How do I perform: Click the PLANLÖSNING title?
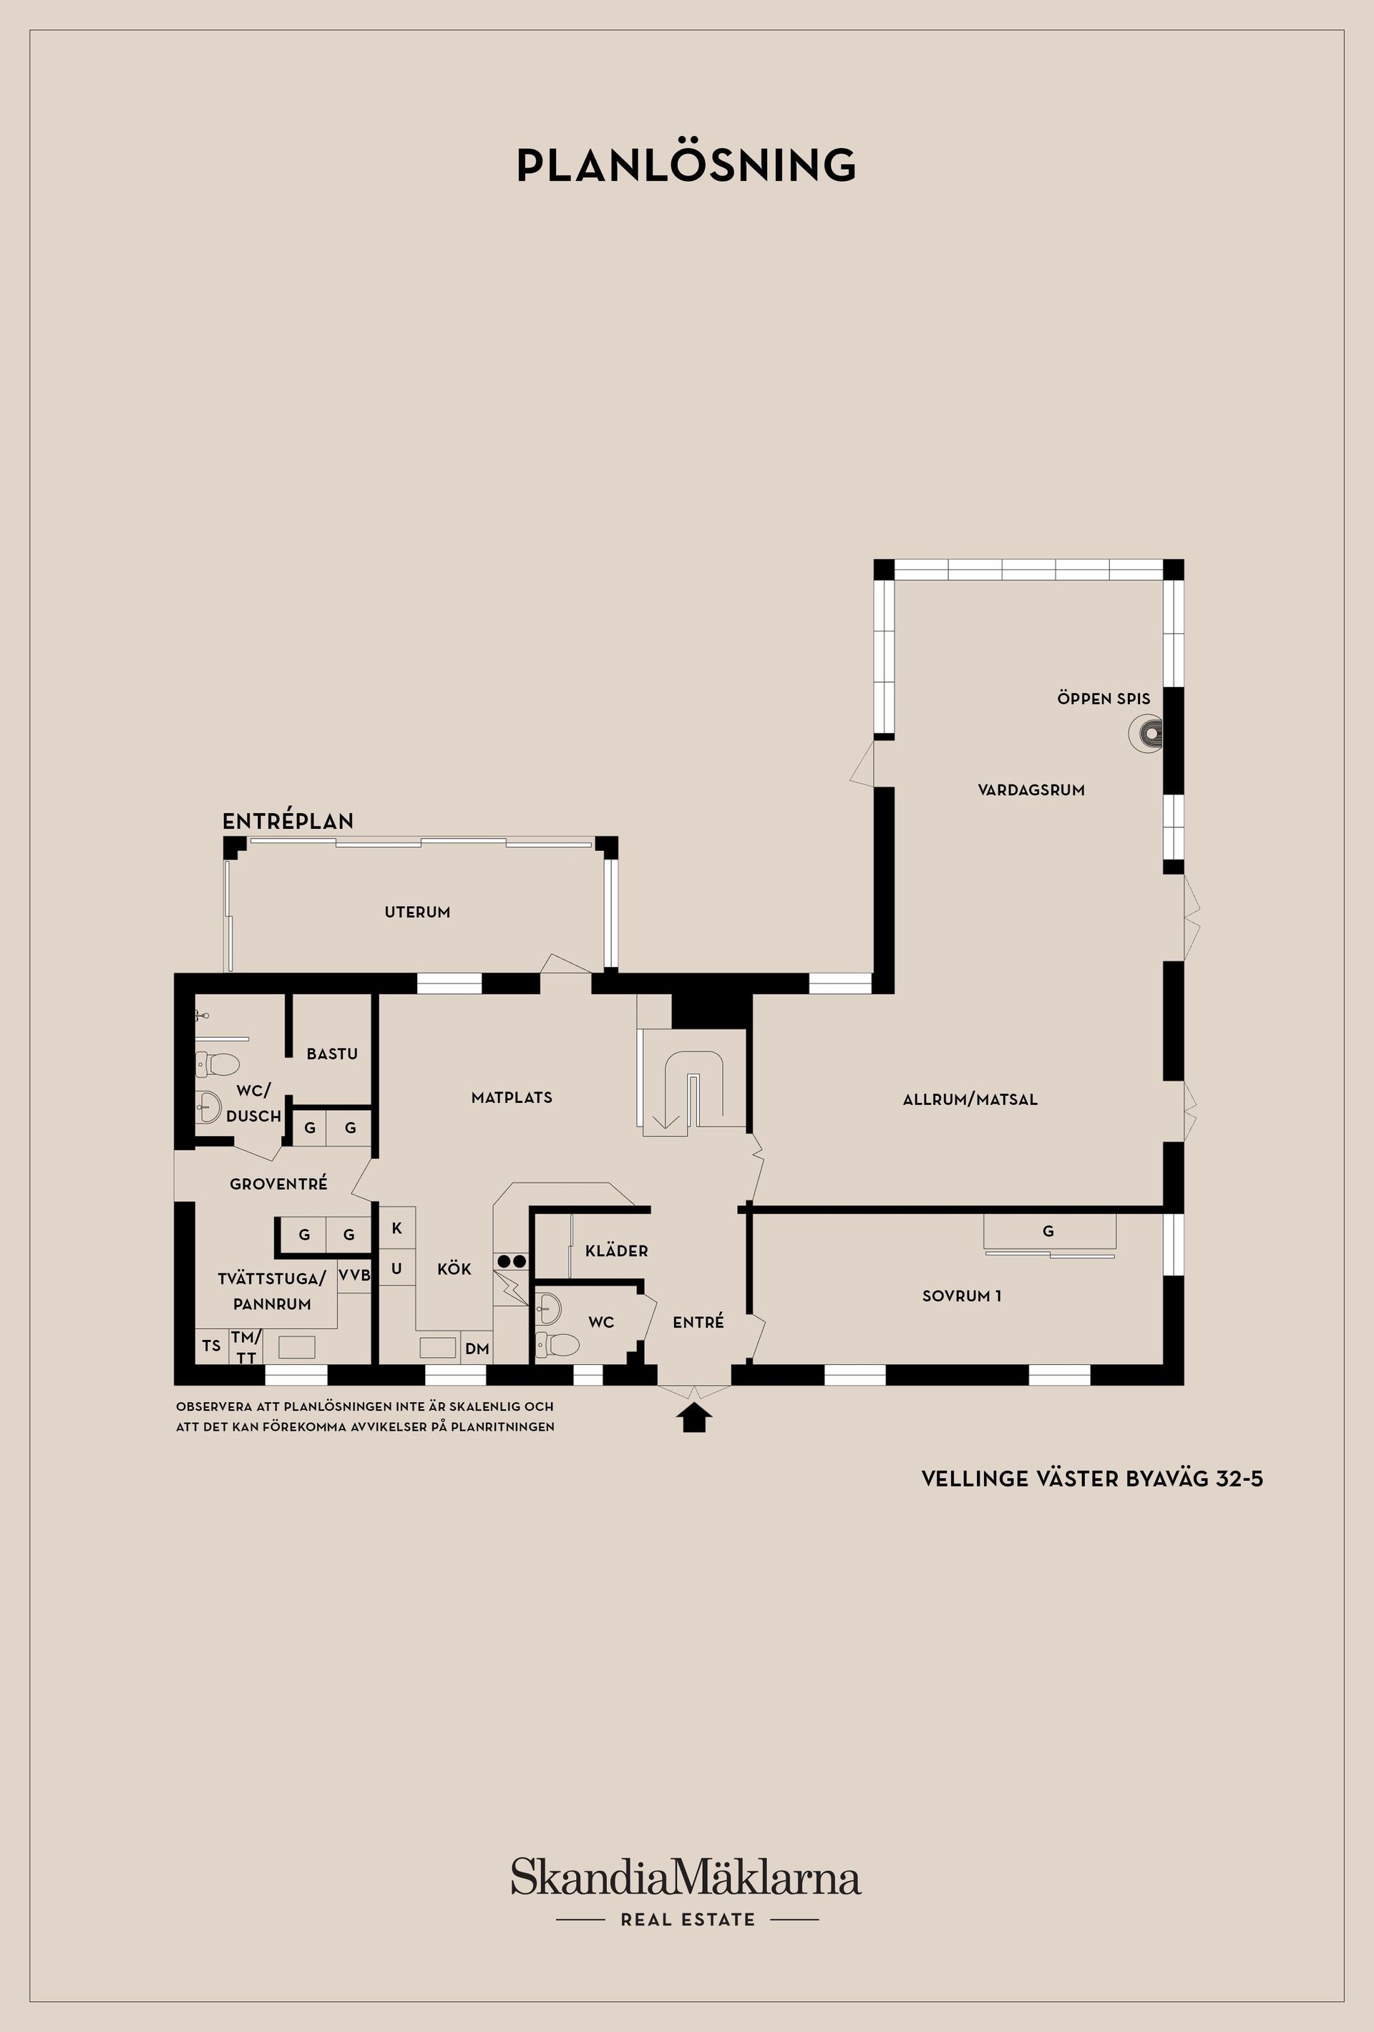pos(686,165)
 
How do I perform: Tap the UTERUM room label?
pos(418,912)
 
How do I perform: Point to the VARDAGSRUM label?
pos(1031,790)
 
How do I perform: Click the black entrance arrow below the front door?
pos(695,1417)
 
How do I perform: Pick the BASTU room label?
pos(332,1054)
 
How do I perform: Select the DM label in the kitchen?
pos(477,1349)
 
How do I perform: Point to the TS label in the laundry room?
pos(212,1346)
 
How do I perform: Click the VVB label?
pos(354,1275)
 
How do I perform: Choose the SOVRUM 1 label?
pos(962,1295)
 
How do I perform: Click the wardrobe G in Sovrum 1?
pos(1048,1231)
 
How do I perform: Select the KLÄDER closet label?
pos(617,1250)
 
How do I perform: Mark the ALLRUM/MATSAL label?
pos(970,1099)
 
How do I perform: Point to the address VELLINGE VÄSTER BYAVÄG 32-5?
pos(1093,1479)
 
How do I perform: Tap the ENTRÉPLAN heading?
pos(288,821)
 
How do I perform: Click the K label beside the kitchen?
pos(397,1228)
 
